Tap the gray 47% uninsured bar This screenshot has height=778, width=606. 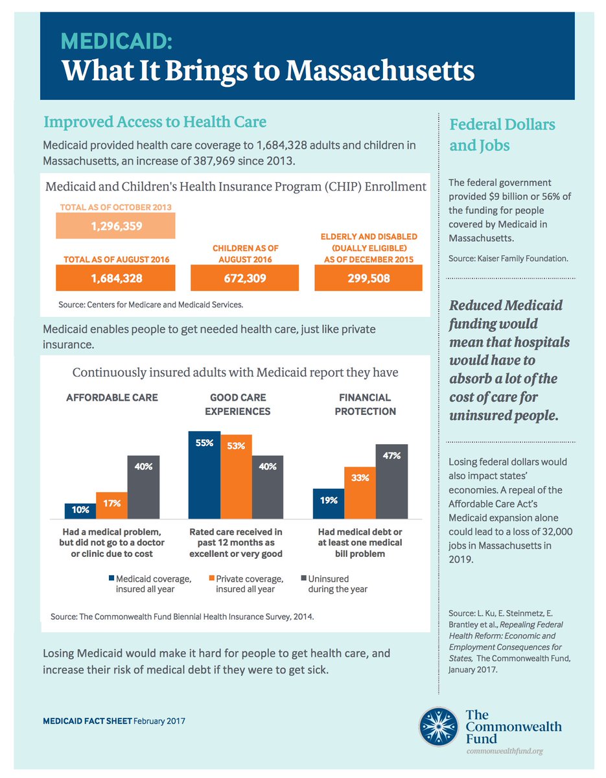click(x=391, y=481)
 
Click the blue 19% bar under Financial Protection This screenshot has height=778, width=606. click(x=328, y=503)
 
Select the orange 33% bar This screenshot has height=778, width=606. click(x=360, y=493)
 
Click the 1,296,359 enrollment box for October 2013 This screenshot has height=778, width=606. click(x=115, y=227)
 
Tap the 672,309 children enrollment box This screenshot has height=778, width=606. click(x=244, y=279)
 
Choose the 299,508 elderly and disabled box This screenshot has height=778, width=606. click(x=368, y=279)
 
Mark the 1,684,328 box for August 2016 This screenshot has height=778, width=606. click(x=115, y=279)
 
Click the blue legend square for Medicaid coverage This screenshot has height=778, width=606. click(x=111, y=576)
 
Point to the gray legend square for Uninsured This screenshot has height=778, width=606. click(x=304, y=576)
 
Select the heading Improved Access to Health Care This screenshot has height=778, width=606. click(x=155, y=121)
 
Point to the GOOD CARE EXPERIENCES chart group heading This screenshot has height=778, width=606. click(x=237, y=404)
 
